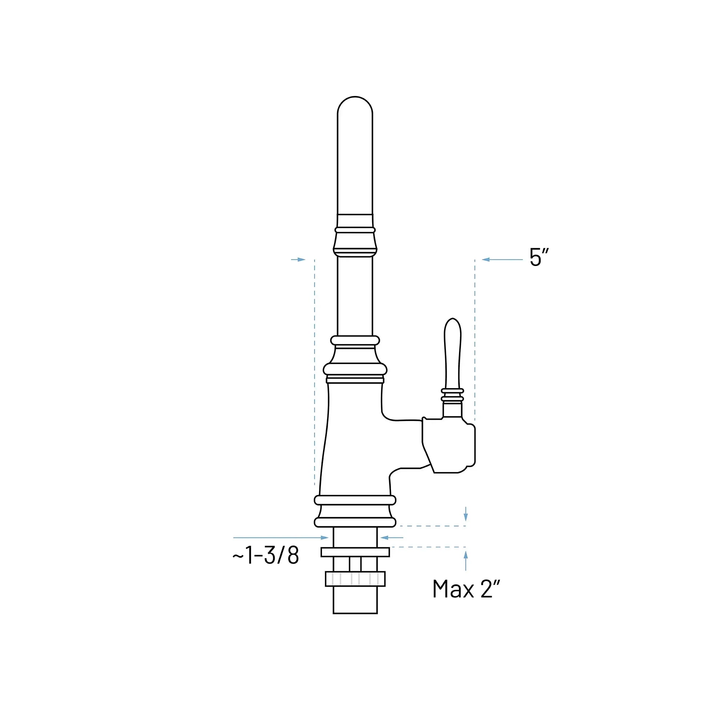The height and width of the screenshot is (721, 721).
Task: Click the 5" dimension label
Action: [539, 257]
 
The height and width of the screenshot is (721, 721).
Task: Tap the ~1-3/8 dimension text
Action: [265, 555]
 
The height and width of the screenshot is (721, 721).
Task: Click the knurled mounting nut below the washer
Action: [355, 579]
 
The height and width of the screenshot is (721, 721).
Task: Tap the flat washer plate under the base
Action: [355, 552]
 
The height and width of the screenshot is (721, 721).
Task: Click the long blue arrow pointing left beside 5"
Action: [502, 259]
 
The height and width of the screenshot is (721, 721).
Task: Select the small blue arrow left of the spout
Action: [298, 259]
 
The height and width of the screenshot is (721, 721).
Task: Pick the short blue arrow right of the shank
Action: [392, 537]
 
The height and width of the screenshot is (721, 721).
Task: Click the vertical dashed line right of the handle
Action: [475, 336]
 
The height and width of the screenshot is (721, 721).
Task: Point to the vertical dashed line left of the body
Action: [315, 373]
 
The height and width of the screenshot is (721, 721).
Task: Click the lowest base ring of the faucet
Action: [355, 522]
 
